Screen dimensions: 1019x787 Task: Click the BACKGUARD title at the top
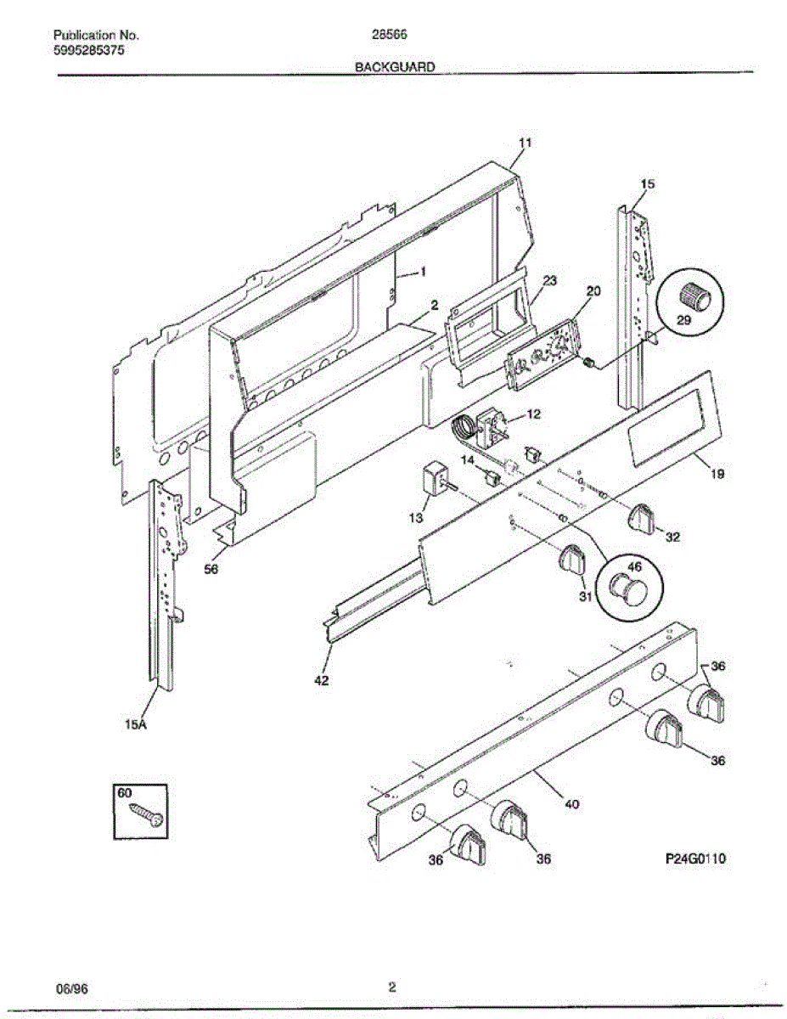395,66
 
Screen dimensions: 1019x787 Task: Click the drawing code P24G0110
695,859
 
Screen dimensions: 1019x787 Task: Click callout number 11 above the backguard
525,144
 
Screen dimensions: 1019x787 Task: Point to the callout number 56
211,570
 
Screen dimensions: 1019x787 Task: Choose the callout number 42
322,680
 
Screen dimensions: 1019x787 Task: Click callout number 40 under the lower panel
571,804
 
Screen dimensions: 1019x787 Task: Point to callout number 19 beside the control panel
717,476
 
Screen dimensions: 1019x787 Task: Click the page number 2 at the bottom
392,988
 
